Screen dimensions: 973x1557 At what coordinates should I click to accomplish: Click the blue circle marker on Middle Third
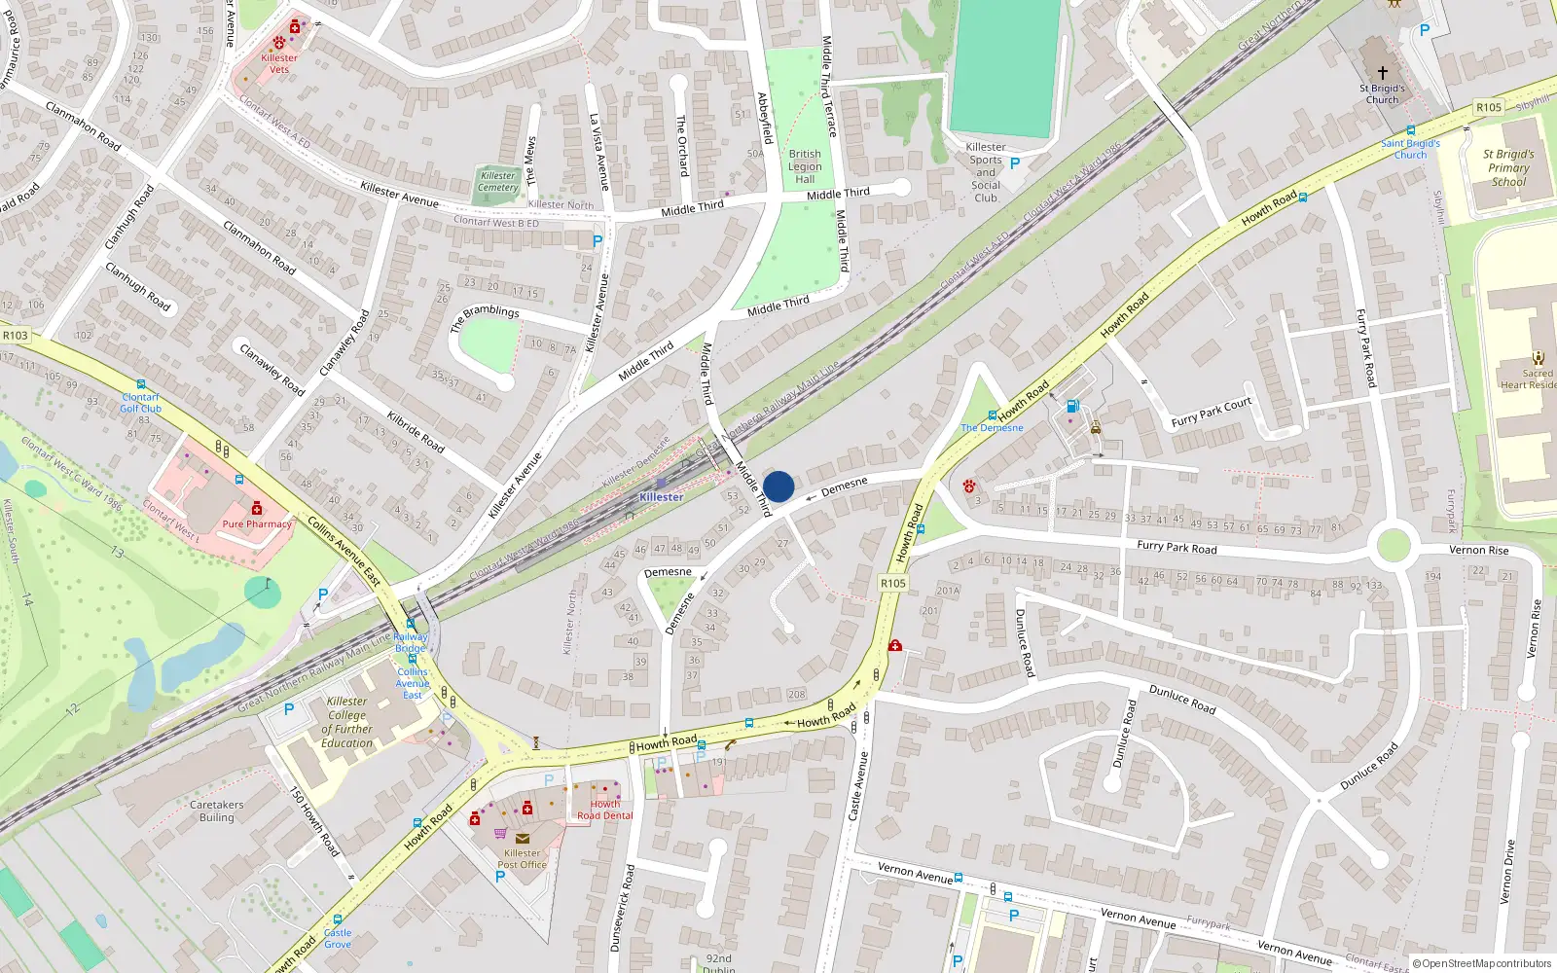[x=778, y=486]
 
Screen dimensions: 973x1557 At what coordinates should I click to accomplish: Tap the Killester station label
[x=661, y=497]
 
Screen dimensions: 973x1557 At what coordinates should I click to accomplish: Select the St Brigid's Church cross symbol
[x=1382, y=72]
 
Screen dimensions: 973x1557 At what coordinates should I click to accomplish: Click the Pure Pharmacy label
[x=257, y=523]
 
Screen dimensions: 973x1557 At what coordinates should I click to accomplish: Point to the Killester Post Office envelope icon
[x=523, y=838]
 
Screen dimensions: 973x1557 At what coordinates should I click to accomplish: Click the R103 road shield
[x=16, y=336]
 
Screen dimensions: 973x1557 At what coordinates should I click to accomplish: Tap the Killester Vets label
[x=279, y=63]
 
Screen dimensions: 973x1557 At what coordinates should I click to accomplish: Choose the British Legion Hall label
[x=805, y=166]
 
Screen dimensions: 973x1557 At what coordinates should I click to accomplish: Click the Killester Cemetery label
[x=498, y=182]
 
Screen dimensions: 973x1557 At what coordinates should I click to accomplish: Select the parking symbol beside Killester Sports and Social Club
[x=1015, y=163]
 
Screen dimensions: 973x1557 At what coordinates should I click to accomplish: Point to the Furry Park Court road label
[x=1212, y=413]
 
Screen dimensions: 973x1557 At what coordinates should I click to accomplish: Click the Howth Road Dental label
[x=604, y=810]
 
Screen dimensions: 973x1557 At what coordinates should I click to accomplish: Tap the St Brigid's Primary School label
[x=1508, y=167]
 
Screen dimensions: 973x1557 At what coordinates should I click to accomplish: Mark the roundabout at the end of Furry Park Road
[x=1394, y=545]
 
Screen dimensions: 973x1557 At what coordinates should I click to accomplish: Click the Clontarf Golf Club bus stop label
[x=141, y=403]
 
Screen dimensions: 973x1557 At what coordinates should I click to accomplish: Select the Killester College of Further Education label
[x=347, y=722]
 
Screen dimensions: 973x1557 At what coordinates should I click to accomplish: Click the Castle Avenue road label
[x=856, y=785]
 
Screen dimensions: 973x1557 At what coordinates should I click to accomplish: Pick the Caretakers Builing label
[x=217, y=811]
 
